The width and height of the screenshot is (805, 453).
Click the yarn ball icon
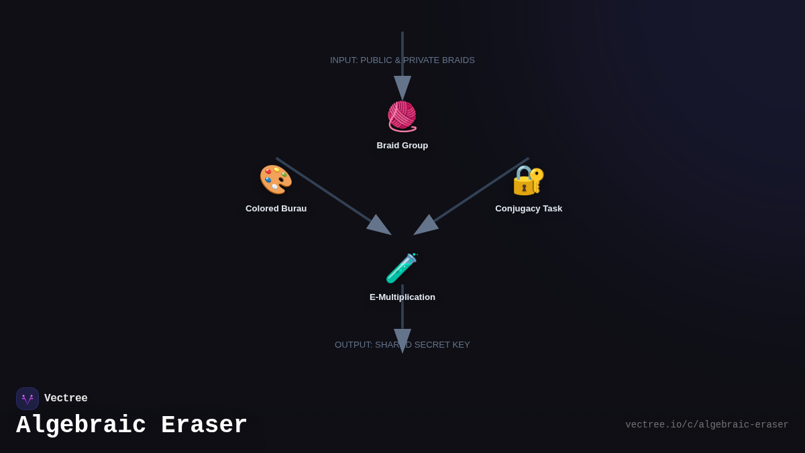(x=402, y=115)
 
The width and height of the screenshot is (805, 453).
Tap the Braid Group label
(x=402, y=146)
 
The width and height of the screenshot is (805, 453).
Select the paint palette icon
(x=276, y=179)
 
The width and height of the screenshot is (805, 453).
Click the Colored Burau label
(x=276, y=209)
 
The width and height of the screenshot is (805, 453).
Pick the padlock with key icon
(x=529, y=180)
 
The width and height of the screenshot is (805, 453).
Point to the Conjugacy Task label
(x=529, y=209)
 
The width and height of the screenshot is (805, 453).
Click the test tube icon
(x=402, y=268)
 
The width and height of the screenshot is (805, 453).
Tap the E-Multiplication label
(x=402, y=297)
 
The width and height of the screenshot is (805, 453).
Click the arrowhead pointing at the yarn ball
(x=402, y=87)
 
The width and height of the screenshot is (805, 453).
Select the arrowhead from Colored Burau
(x=379, y=226)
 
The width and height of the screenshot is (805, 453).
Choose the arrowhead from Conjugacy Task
(x=426, y=226)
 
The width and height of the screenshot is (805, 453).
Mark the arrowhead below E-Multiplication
(x=402, y=340)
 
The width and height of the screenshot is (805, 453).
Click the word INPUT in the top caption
(x=343, y=60)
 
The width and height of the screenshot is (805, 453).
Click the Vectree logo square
(x=28, y=399)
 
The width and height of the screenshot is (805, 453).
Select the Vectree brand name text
(x=66, y=399)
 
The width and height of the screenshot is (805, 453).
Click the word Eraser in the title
(x=204, y=425)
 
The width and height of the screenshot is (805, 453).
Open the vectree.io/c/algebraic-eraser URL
(x=706, y=425)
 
